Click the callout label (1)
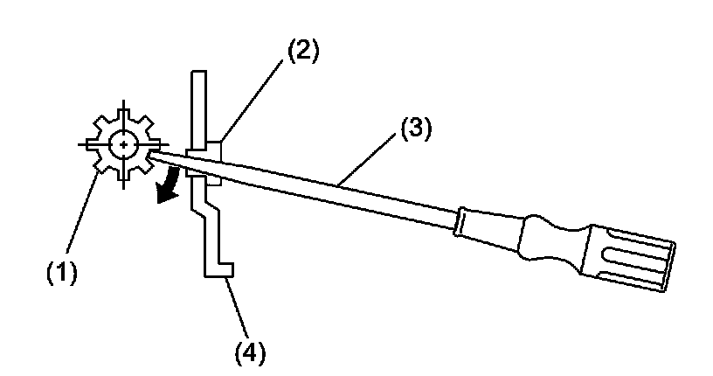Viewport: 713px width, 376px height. (62, 272)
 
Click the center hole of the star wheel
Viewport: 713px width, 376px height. (126, 144)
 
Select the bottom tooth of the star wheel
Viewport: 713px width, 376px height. (126, 178)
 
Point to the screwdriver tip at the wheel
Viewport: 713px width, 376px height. (158, 156)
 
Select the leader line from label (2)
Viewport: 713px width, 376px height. (253, 97)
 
